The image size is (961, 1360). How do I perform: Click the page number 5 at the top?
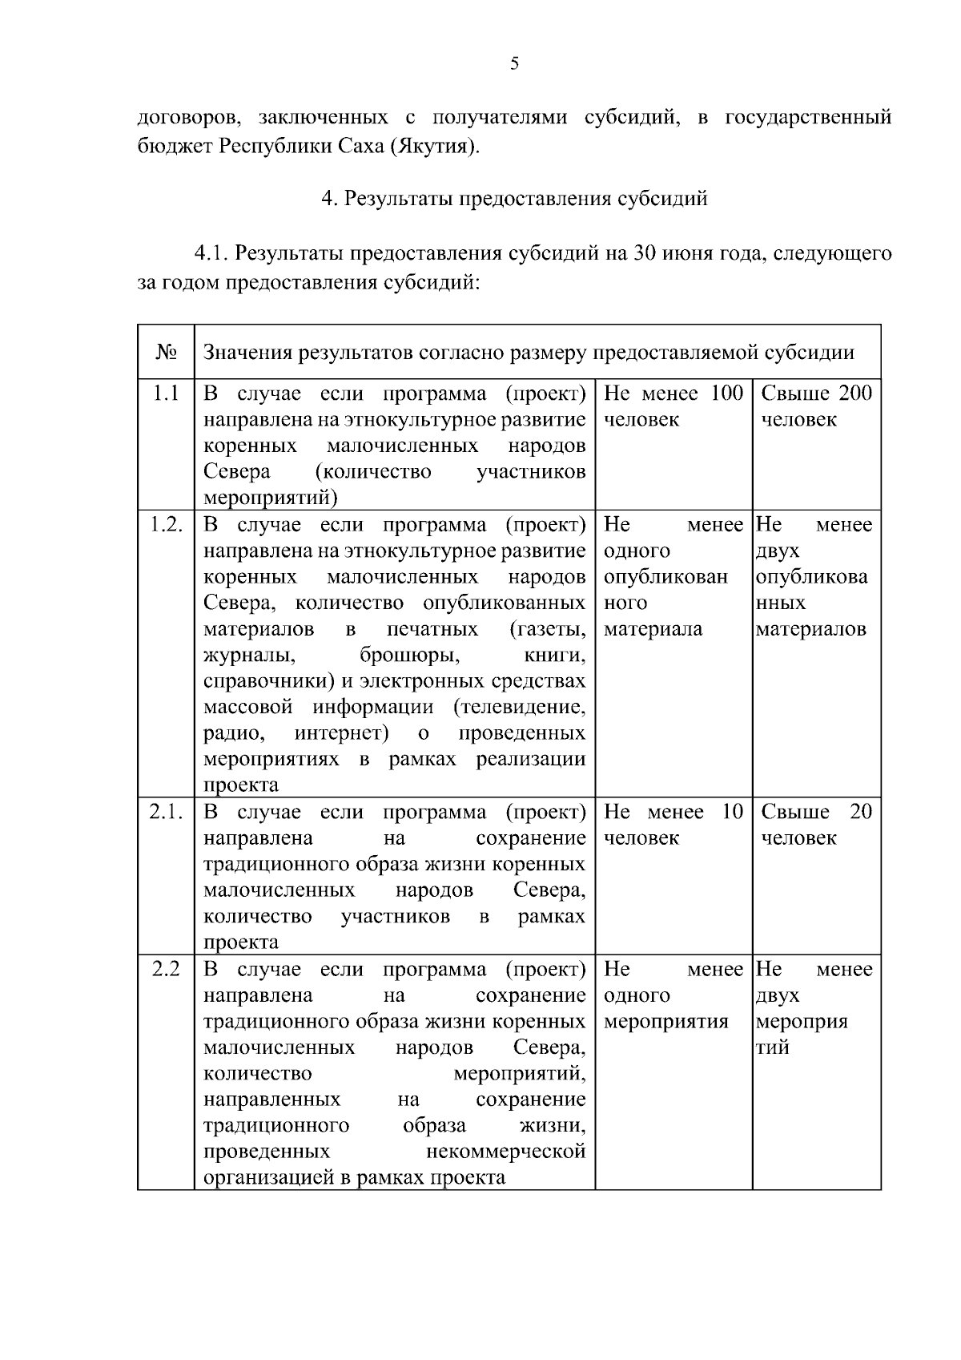(x=513, y=64)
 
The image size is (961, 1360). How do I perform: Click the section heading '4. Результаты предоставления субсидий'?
(x=514, y=198)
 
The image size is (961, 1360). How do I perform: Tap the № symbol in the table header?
(x=166, y=353)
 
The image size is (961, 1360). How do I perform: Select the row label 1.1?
(x=166, y=393)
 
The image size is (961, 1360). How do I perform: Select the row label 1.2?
(x=167, y=525)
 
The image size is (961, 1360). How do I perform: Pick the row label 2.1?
(x=167, y=812)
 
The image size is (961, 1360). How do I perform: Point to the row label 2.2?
(x=166, y=969)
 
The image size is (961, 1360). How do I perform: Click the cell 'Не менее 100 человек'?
(x=673, y=406)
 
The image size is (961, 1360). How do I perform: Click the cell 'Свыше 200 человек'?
(x=815, y=406)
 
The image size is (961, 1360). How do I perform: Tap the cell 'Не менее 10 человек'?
(x=673, y=825)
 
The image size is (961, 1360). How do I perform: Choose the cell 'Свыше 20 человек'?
(x=815, y=825)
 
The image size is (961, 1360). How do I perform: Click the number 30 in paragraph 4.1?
(x=645, y=254)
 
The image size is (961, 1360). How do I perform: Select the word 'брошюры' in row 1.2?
(x=410, y=656)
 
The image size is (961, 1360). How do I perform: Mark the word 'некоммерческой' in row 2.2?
(x=506, y=1152)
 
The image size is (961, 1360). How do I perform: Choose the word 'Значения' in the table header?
(x=247, y=353)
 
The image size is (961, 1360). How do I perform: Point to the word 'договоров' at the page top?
(x=187, y=118)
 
